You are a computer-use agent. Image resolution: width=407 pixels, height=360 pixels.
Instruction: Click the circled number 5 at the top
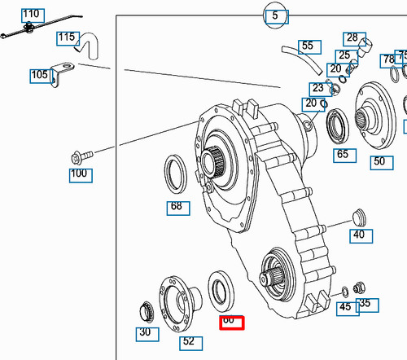[275, 14]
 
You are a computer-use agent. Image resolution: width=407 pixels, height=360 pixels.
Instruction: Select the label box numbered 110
[31, 14]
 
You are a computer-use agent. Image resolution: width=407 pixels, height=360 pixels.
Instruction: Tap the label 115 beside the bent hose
[67, 37]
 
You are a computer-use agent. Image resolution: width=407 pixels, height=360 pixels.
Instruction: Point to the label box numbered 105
[39, 75]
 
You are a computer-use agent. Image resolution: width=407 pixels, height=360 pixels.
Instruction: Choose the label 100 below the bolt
[79, 173]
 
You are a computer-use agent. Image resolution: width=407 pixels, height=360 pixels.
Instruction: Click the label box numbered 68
[175, 206]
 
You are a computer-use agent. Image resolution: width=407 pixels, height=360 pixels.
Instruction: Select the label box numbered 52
[188, 341]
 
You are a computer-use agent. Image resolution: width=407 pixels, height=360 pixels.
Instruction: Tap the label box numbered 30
[144, 331]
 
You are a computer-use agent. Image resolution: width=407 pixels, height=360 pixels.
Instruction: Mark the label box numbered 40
[358, 235]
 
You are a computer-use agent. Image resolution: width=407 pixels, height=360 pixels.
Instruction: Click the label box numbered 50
[379, 161]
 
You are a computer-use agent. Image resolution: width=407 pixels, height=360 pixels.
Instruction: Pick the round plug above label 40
[358, 215]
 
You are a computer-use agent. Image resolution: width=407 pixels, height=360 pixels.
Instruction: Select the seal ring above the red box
[221, 290]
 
